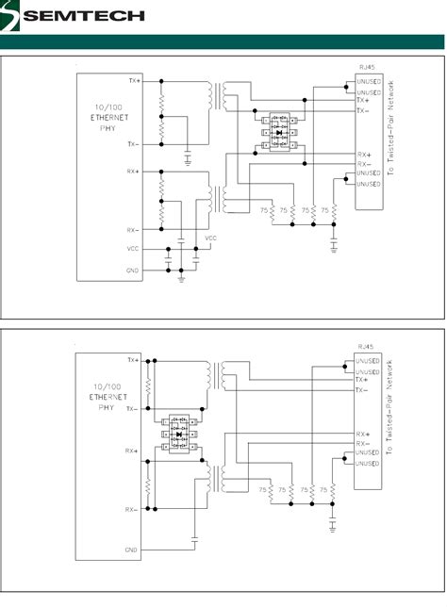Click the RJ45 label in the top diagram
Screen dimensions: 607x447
click(367, 68)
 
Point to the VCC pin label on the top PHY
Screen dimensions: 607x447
click(132, 249)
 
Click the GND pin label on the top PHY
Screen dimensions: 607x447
click(132, 270)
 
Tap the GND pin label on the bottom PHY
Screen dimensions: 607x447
click(131, 549)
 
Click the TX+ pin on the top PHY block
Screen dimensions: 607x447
click(131, 81)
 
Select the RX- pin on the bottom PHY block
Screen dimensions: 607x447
click(131, 509)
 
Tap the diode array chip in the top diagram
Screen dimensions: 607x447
click(279, 133)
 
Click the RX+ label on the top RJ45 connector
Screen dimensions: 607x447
click(363, 154)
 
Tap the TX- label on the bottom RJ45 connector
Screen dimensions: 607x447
click(363, 389)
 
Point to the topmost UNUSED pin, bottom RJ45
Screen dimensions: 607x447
click(368, 360)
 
